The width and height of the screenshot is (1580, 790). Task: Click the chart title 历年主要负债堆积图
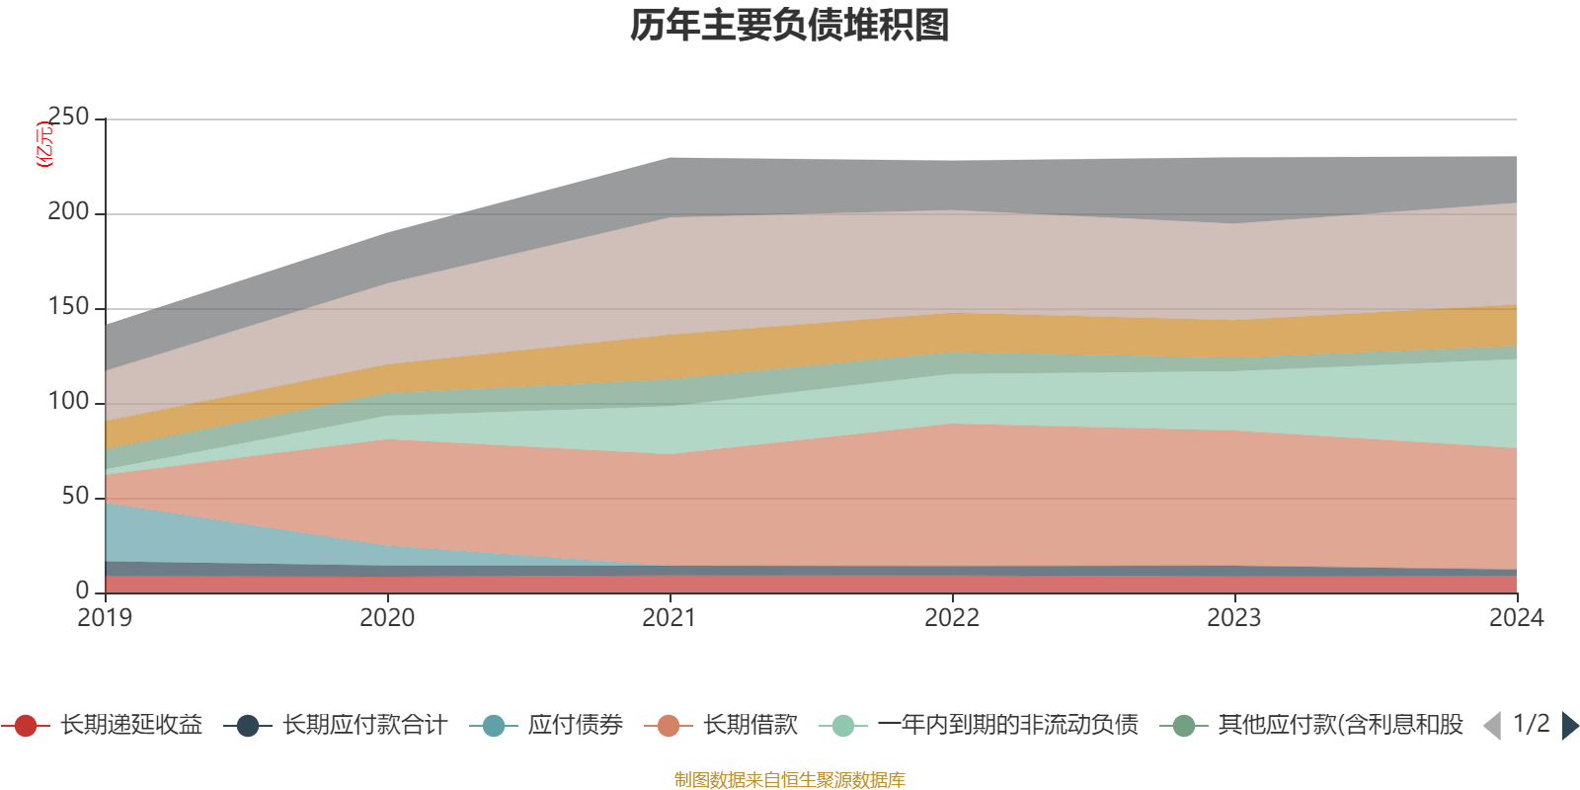pos(790,27)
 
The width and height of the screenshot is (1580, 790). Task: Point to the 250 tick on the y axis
pos(68,118)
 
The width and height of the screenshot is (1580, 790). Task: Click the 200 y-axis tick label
pos(68,212)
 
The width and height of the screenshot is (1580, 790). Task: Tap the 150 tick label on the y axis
pos(68,307)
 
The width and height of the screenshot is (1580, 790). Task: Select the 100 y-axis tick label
pos(68,402)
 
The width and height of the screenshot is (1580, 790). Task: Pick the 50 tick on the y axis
pos(75,497)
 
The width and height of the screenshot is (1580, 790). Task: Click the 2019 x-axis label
pos(105,618)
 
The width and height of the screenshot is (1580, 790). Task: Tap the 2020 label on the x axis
pos(387,618)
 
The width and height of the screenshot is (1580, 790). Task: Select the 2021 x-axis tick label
pos(670,618)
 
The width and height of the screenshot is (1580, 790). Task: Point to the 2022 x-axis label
pos(952,618)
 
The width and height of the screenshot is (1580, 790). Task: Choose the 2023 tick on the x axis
pos(1234,618)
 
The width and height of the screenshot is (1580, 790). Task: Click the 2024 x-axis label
pos(1516,618)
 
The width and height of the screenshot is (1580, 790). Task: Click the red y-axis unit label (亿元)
pos(44,144)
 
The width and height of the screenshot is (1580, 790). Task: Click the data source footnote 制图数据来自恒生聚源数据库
pos(790,780)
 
